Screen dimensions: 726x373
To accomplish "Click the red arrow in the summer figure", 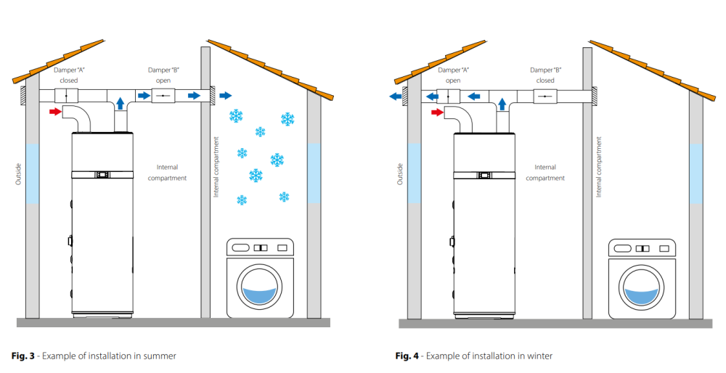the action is pos(55,112).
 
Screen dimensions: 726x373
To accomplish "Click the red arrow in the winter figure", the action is pos(436,112).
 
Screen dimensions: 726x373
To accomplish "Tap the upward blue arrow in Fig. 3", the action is pos(121,103).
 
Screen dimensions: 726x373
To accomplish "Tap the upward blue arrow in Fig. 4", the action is pos(502,104).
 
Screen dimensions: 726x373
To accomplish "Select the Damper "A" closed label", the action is pos(69,75).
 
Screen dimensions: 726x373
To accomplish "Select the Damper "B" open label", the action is pos(163,75).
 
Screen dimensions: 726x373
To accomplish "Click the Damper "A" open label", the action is pos(453,75).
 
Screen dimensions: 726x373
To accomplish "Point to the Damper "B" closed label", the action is pos(545,75).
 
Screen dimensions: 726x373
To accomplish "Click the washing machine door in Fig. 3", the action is pos(259,287).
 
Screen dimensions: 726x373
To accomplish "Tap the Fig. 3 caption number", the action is pos(23,356).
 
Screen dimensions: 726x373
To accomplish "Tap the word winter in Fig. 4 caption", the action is pos(540,356).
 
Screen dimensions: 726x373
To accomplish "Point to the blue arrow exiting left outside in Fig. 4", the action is pos(396,97).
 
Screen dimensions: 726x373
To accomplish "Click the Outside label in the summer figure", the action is pos(19,174).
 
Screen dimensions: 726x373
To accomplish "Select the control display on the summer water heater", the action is pos(102,174).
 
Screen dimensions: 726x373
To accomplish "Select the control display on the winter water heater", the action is pos(484,175).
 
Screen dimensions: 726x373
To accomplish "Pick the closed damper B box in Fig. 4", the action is pos(545,97).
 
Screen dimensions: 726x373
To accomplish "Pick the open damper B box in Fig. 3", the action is pos(163,96).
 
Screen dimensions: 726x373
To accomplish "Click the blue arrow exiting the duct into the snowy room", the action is pos(226,96).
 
